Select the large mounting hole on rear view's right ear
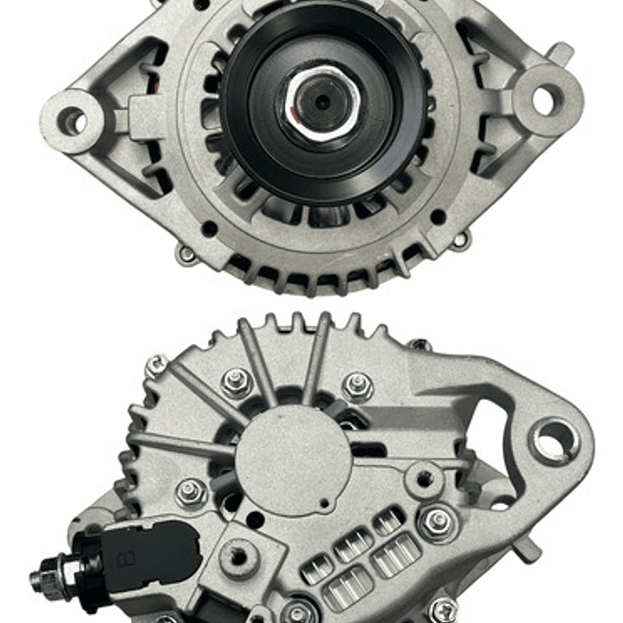click(552, 440)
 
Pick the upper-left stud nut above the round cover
click(237, 380)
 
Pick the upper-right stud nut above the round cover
click(356, 385)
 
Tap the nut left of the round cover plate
click(191, 491)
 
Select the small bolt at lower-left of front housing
click(185, 255)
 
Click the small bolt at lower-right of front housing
click(461, 238)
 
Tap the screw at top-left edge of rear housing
click(156, 365)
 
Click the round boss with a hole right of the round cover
click(424, 477)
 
